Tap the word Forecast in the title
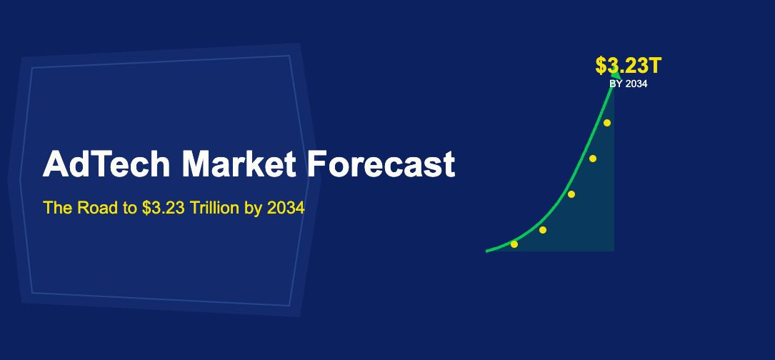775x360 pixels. click(x=381, y=164)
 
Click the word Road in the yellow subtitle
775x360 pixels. click(x=97, y=208)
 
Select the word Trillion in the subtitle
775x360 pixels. click(x=214, y=208)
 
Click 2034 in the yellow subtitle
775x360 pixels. click(x=286, y=208)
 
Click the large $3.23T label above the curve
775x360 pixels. click(x=629, y=66)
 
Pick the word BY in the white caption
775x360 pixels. click(x=616, y=84)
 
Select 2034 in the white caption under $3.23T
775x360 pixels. click(x=636, y=84)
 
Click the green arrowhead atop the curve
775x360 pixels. click(x=614, y=72)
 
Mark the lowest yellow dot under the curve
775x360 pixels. click(x=514, y=244)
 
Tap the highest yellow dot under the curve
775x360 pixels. click(x=607, y=123)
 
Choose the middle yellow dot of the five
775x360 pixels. click(x=571, y=194)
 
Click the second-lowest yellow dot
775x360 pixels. click(x=543, y=230)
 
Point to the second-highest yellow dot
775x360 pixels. click(x=593, y=159)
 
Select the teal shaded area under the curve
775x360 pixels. click(x=596, y=221)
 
